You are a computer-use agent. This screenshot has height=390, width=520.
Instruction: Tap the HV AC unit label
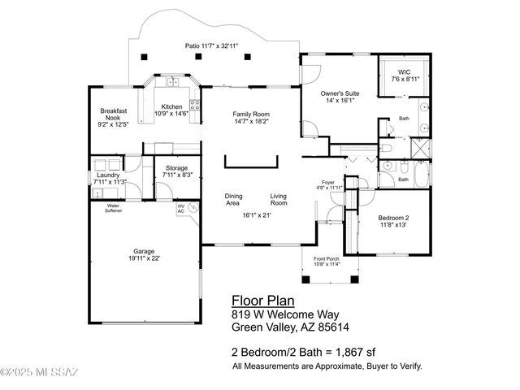click(x=181, y=208)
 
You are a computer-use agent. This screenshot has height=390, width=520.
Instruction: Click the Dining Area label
click(x=234, y=199)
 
